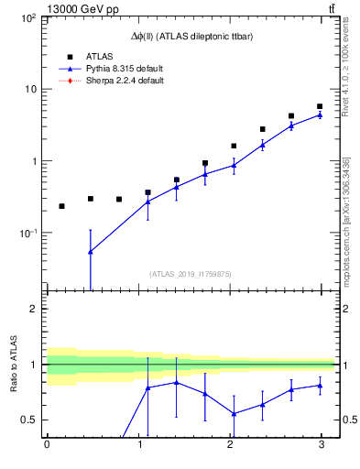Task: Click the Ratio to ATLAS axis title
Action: pyautogui.click(x=13, y=364)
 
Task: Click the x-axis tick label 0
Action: pyautogui.click(x=47, y=445)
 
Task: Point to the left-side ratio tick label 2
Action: pyautogui.click(x=34, y=309)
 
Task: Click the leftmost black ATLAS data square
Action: pyautogui.click(x=61, y=206)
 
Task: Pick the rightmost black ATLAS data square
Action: pyautogui.click(x=320, y=106)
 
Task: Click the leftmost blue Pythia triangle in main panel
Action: pyautogui.click(x=90, y=251)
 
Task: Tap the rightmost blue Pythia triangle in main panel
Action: pyautogui.click(x=320, y=115)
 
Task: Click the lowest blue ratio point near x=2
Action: pyautogui.click(x=234, y=413)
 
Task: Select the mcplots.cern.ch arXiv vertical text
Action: pyautogui.click(x=346, y=220)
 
